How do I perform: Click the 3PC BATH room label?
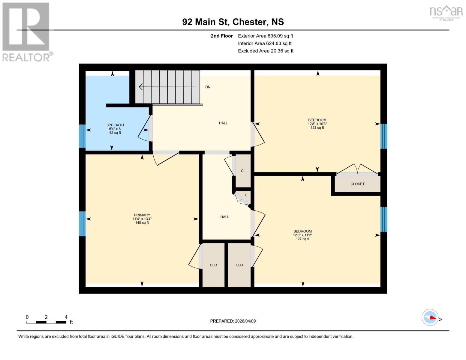click(x=115, y=125)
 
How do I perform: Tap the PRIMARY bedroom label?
click(x=142, y=215)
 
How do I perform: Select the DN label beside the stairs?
click(x=208, y=87)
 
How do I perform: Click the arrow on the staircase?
click(x=167, y=87)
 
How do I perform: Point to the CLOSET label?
click(x=357, y=184)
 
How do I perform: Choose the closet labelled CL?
click(x=243, y=171)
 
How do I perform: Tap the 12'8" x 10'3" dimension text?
click(x=317, y=124)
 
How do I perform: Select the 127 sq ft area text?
click(x=302, y=239)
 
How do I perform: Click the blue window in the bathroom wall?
click(x=82, y=136)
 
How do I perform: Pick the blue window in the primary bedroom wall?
click(x=82, y=224)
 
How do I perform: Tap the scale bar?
click(x=46, y=322)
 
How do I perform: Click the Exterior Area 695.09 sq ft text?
click(x=266, y=36)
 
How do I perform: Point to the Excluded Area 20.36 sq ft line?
click(x=266, y=51)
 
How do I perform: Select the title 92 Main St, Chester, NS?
click(x=233, y=22)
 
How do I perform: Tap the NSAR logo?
click(x=446, y=13)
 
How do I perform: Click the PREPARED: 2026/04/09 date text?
click(x=233, y=321)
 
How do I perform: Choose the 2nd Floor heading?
click(x=222, y=36)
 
